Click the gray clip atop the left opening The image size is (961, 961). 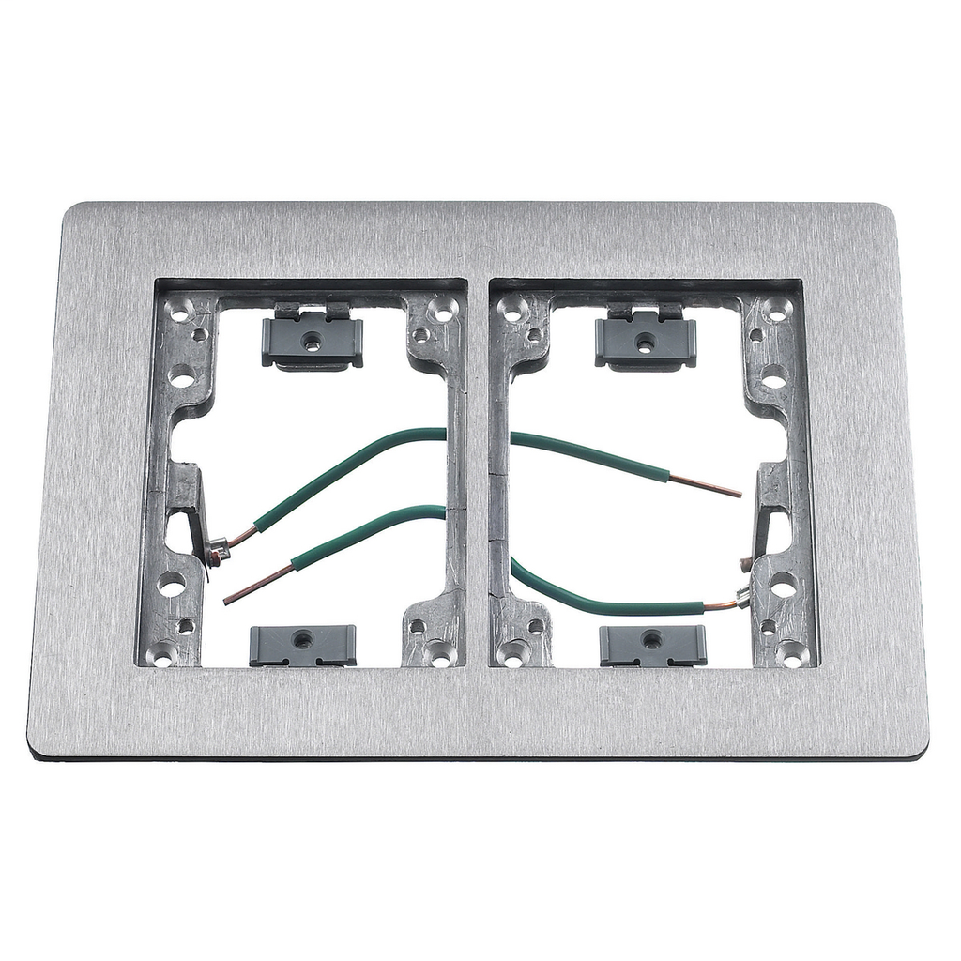pyautogui.click(x=313, y=342)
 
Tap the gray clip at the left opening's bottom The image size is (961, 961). pyautogui.click(x=302, y=645)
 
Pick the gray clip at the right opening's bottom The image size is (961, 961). pyautogui.click(x=652, y=645)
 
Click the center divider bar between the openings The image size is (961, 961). pyautogui.click(x=479, y=469)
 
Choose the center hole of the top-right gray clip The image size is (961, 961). pyautogui.click(x=646, y=344)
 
